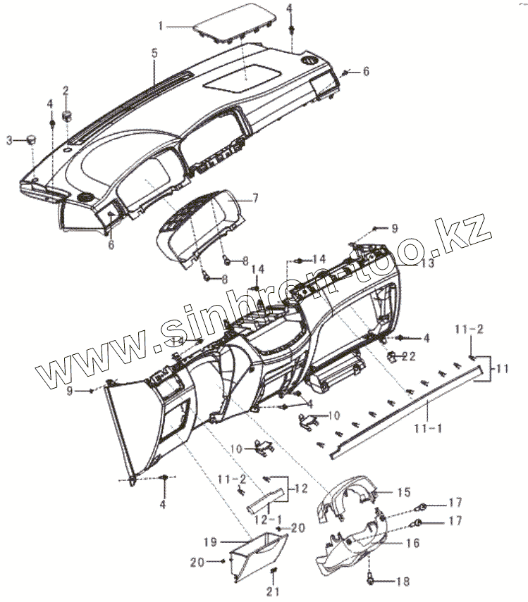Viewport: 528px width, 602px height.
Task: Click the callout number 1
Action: click(161, 26)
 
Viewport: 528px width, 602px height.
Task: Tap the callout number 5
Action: click(154, 54)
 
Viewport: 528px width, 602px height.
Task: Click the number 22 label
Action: click(409, 357)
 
